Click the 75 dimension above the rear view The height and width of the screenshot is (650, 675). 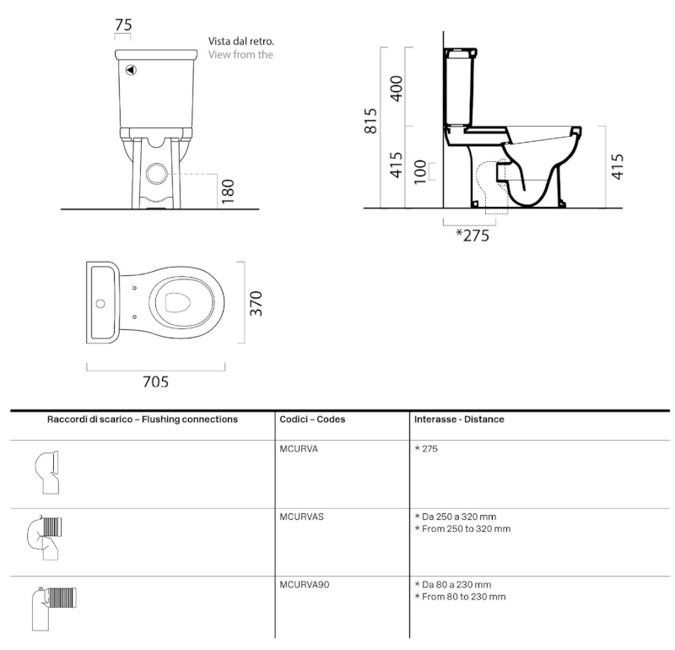point(123,26)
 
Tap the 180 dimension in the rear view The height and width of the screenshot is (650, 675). point(227,191)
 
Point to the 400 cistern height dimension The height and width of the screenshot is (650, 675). point(396,86)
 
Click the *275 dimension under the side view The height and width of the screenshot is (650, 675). point(472,236)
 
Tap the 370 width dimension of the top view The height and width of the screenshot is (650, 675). point(256,302)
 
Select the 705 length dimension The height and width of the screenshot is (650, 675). point(155,382)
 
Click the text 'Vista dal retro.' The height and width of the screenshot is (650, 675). point(241,41)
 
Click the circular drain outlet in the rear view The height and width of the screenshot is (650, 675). point(157,174)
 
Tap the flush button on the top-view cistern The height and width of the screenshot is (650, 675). point(100,302)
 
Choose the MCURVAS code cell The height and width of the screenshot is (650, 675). point(301,516)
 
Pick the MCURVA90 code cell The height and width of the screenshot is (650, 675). point(305,584)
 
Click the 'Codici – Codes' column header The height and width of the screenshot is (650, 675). point(312,420)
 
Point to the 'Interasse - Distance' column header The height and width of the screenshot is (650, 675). point(459,420)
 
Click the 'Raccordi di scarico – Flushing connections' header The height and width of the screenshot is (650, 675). point(142,420)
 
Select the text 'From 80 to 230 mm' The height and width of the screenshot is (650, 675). point(464,597)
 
